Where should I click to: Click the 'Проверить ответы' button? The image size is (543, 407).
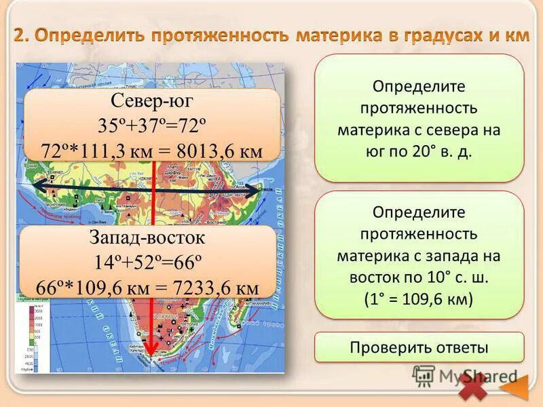pyautogui.click(x=419, y=347)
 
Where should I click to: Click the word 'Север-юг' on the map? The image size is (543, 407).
pyautogui.click(x=153, y=102)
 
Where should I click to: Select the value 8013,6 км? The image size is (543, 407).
pyautogui.click(x=219, y=150)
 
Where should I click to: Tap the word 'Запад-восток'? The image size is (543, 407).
pyautogui.click(x=147, y=239)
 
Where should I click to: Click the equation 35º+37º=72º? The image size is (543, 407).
pyautogui.click(x=152, y=126)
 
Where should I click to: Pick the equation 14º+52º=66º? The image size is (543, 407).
pyautogui.click(x=147, y=263)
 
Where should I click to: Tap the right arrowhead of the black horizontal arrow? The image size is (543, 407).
pyautogui.click(x=258, y=191)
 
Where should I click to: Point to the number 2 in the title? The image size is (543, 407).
pyautogui.click(x=20, y=35)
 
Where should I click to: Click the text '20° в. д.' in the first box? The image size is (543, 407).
pyautogui.click(x=441, y=151)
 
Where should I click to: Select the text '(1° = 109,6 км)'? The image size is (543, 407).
pyautogui.click(x=419, y=299)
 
